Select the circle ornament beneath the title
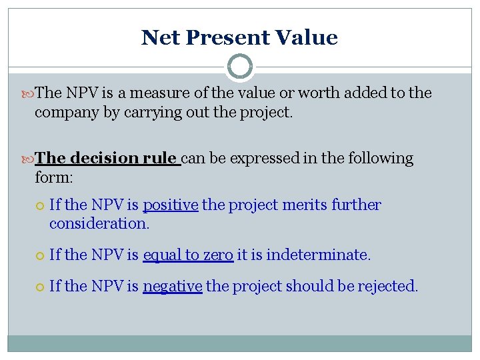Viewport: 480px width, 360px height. tap(240, 67)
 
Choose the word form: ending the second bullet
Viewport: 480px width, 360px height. tap(53, 178)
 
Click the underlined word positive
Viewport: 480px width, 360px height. tap(170, 205)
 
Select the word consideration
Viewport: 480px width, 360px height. tap(99, 224)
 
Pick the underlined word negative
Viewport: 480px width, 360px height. tap(172, 287)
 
